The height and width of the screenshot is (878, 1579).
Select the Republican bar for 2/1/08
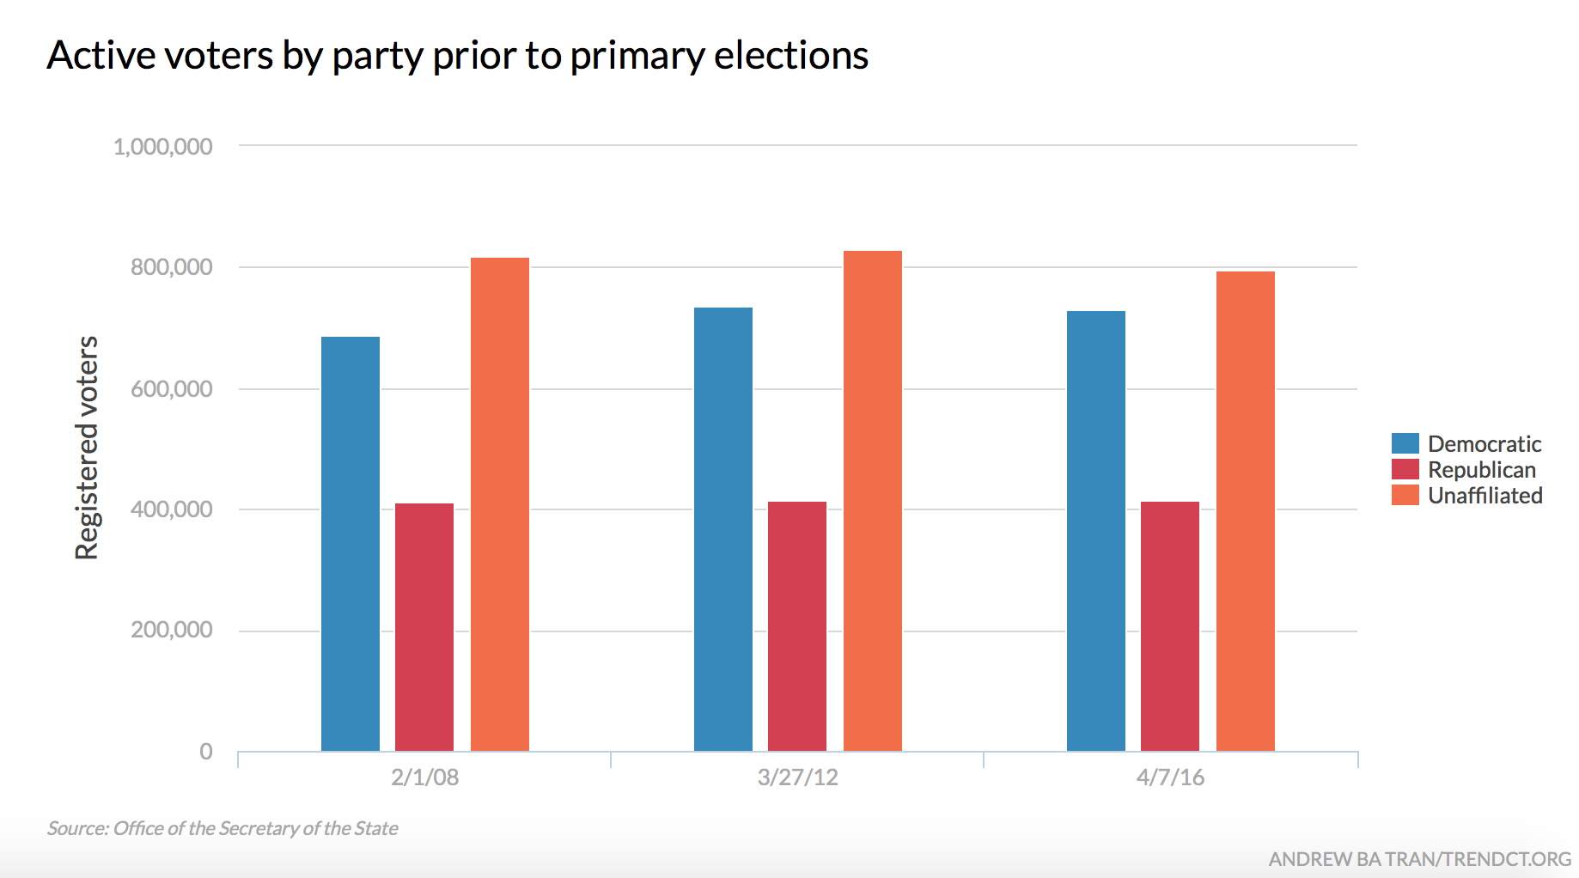424,627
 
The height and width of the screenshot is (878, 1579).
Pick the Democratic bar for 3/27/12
723,529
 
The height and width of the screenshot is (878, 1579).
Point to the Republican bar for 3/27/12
797,626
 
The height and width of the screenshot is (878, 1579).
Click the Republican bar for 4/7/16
1170,626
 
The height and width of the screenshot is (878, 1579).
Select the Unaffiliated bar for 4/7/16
1246,511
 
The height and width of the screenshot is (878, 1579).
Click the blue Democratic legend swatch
1405,443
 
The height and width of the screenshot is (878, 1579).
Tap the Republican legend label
1482,470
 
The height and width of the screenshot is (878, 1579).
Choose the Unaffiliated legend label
1485,496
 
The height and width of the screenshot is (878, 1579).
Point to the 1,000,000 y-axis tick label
163,147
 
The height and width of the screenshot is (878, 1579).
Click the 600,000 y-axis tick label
172,389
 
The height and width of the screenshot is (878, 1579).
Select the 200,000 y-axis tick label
172,630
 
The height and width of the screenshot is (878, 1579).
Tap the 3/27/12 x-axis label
797,777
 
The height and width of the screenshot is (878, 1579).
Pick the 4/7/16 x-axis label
1170,777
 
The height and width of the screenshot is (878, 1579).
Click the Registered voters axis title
87,448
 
